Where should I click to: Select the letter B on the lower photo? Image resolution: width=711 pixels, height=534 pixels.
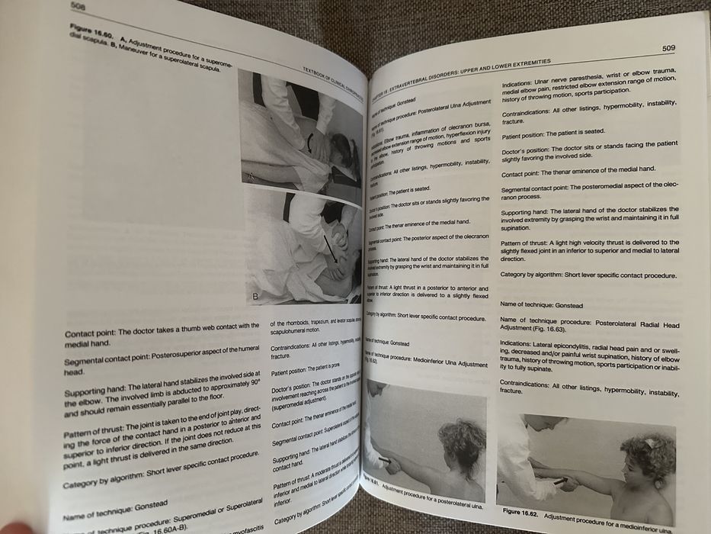(x=255, y=294)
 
